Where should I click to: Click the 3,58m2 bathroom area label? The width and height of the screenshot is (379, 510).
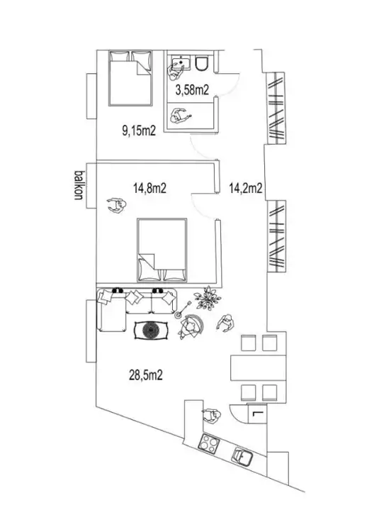[192, 89]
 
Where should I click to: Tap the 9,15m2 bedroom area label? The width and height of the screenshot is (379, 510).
[139, 131]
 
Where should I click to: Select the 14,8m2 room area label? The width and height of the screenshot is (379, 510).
[149, 188]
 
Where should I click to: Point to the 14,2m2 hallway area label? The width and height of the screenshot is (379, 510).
[246, 188]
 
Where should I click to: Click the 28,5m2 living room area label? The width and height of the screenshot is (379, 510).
[146, 375]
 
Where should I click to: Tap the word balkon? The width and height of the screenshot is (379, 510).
[79, 184]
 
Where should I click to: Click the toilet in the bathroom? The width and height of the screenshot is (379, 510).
[201, 62]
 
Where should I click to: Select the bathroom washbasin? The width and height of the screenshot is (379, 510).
[181, 62]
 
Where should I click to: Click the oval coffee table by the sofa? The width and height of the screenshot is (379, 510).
[152, 331]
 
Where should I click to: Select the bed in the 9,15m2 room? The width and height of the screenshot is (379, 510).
[130, 78]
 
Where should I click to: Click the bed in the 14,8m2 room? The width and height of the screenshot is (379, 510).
[162, 250]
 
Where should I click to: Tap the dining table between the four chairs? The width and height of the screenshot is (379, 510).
[258, 368]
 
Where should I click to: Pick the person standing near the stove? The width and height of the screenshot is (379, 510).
[211, 416]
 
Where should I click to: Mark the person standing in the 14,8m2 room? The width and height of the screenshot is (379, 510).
[116, 206]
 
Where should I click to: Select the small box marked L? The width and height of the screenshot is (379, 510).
[257, 414]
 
